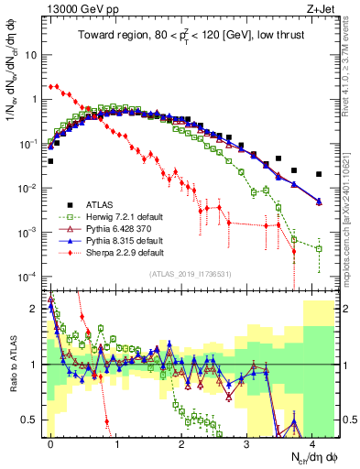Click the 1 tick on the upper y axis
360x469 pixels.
[x=33, y=99]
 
